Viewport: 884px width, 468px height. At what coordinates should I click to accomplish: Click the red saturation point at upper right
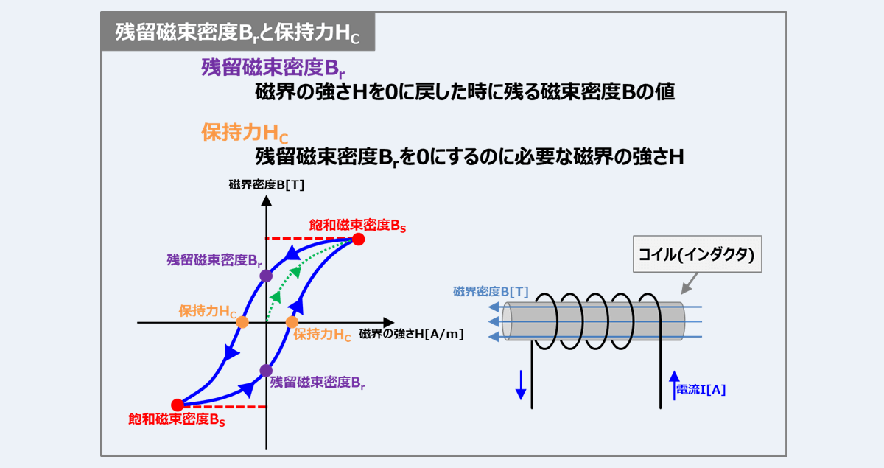(x=358, y=240)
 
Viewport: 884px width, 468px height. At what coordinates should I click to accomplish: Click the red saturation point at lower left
(x=178, y=405)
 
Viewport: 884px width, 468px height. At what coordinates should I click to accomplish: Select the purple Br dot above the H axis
(x=266, y=276)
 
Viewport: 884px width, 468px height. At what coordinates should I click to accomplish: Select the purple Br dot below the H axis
(x=266, y=371)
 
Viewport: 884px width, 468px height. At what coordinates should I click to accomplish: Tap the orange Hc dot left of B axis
(x=242, y=322)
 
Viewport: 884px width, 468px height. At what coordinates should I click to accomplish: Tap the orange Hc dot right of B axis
(x=292, y=322)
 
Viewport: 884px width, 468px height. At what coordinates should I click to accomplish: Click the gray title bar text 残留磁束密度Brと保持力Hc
(x=237, y=32)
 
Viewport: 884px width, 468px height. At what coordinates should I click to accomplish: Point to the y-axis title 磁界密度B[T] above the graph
(x=267, y=184)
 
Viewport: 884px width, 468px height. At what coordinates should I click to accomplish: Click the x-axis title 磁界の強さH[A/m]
(x=411, y=334)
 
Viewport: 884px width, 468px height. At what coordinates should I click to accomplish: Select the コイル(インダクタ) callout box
(x=698, y=254)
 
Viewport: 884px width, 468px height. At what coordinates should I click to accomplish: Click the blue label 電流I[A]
(x=701, y=390)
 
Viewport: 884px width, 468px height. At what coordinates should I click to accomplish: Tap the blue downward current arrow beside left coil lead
(x=521, y=385)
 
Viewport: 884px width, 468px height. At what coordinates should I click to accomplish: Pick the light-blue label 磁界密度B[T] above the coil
(x=491, y=292)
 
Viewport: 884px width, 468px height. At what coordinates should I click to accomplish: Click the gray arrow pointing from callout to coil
(x=690, y=283)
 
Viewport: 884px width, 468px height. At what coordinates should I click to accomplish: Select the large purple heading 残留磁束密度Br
(x=273, y=68)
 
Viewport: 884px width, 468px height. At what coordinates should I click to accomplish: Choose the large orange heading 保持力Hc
(x=245, y=133)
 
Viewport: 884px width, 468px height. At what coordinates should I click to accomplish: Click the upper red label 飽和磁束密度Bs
(x=357, y=226)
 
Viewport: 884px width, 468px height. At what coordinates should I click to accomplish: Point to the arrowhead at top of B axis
(x=267, y=200)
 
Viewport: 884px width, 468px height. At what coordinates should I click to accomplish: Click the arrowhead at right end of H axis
(x=389, y=323)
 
